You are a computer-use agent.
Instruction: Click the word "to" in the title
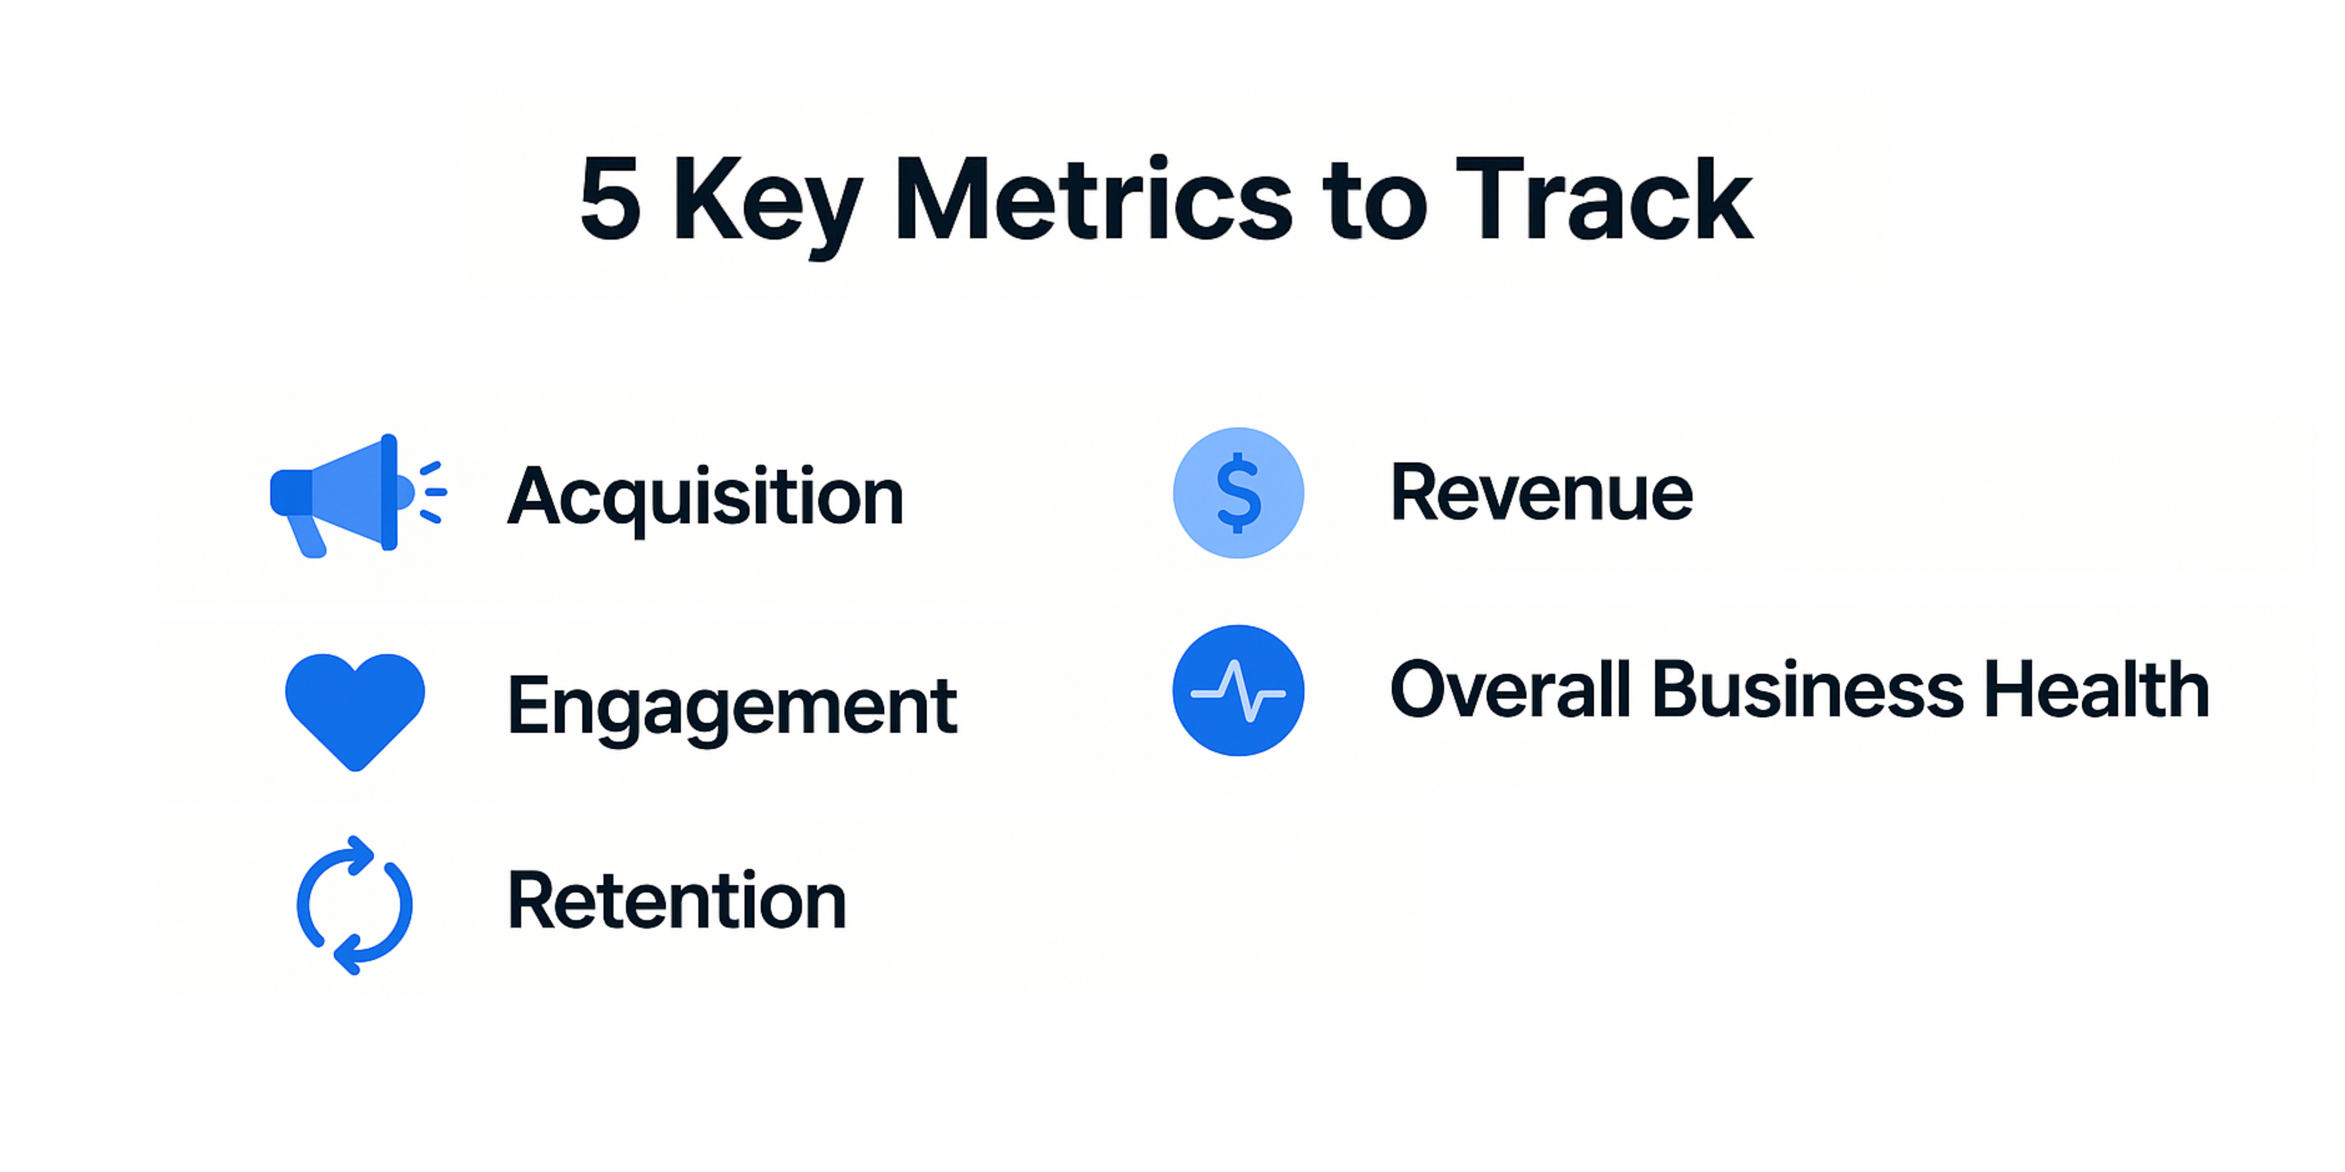point(1375,202)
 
